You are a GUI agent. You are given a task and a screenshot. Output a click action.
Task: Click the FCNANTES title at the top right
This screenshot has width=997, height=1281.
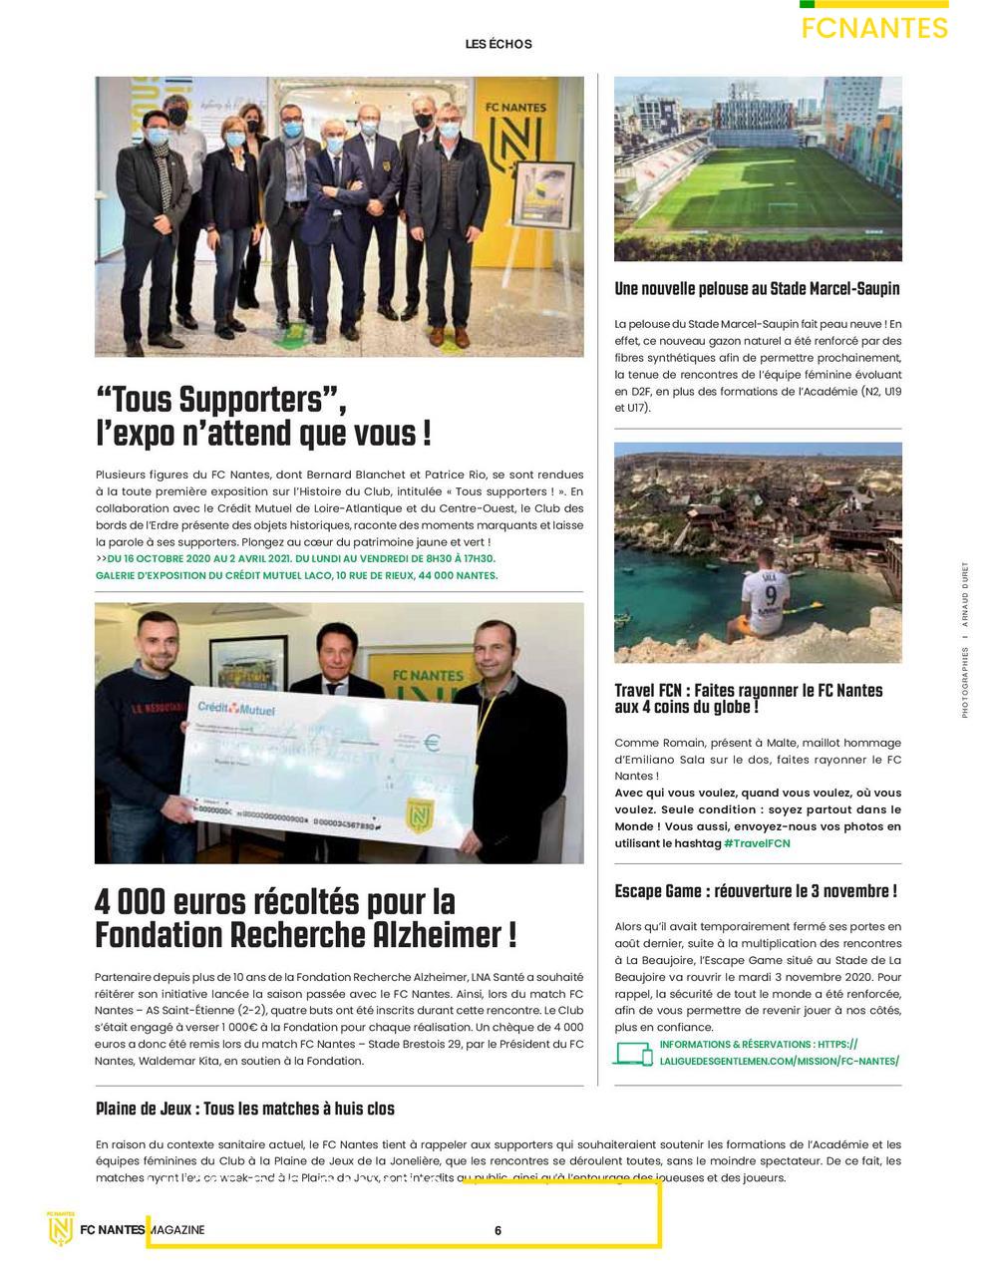[874, 28]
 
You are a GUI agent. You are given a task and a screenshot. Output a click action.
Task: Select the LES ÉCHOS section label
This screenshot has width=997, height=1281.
[498, 44]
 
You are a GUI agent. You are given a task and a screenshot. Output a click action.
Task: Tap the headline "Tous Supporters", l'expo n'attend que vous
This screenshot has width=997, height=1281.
[264, 417]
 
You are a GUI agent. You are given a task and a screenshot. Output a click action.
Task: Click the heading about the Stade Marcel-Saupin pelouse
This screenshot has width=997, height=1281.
[757, 289]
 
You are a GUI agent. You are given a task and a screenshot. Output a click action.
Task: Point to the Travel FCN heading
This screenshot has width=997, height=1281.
[749, 698]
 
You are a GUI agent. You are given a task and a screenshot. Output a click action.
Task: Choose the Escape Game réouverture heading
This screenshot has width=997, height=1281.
[756, 891]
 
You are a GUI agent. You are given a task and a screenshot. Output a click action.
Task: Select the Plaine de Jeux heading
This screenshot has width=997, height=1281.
[245, 1109]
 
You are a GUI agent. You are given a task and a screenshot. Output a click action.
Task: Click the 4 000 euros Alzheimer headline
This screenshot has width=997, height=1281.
[306, 918]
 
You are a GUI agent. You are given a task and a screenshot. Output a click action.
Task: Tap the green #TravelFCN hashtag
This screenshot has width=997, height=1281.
[757, 843]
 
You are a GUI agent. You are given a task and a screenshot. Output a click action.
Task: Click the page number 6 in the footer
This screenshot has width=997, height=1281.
[498, 1230]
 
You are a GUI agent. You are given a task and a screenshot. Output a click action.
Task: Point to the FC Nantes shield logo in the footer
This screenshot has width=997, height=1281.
[62, 1228]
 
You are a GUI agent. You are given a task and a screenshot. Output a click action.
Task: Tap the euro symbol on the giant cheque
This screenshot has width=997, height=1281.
[432, 742]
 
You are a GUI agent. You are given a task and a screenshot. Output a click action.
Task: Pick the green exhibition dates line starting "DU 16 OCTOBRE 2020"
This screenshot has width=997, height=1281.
[299, 559]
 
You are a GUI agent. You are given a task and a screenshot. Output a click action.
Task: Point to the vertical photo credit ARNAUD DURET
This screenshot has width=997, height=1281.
[965, 598]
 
